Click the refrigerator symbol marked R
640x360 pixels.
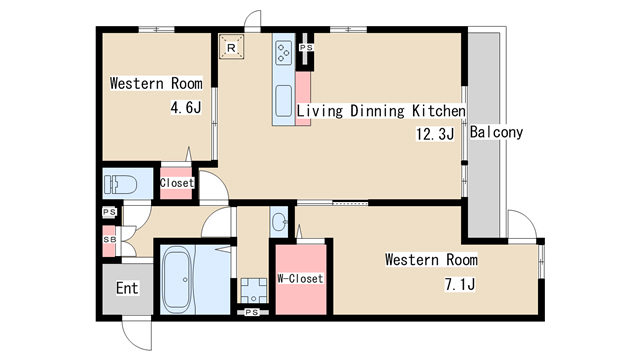(x=231, y=47)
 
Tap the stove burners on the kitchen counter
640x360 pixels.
(x=283, y=53)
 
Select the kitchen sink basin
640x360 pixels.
(x=283, y=101)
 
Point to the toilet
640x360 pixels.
(x=120, y=184)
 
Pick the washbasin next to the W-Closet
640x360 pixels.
(x=279, y=222)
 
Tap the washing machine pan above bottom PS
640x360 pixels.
(x=253, y=291)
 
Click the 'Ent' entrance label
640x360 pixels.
(x=127, y=288)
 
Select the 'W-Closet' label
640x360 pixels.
(x=300, y=279)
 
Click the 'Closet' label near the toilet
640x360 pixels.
(x=176, y=183)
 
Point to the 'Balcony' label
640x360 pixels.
(x=496, y=132)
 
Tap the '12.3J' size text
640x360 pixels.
(x=435, y=134)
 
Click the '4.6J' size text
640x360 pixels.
(x=186, y=107)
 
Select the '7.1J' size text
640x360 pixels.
(x=460, y=284)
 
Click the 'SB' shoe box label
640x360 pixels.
(x=109, y=240)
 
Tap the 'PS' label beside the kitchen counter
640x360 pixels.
(x=306, y=48)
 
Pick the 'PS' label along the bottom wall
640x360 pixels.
(x=252, y=312)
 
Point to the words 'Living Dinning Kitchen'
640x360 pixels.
(x=380, y=111)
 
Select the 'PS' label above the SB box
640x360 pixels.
(x=109, y=212)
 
